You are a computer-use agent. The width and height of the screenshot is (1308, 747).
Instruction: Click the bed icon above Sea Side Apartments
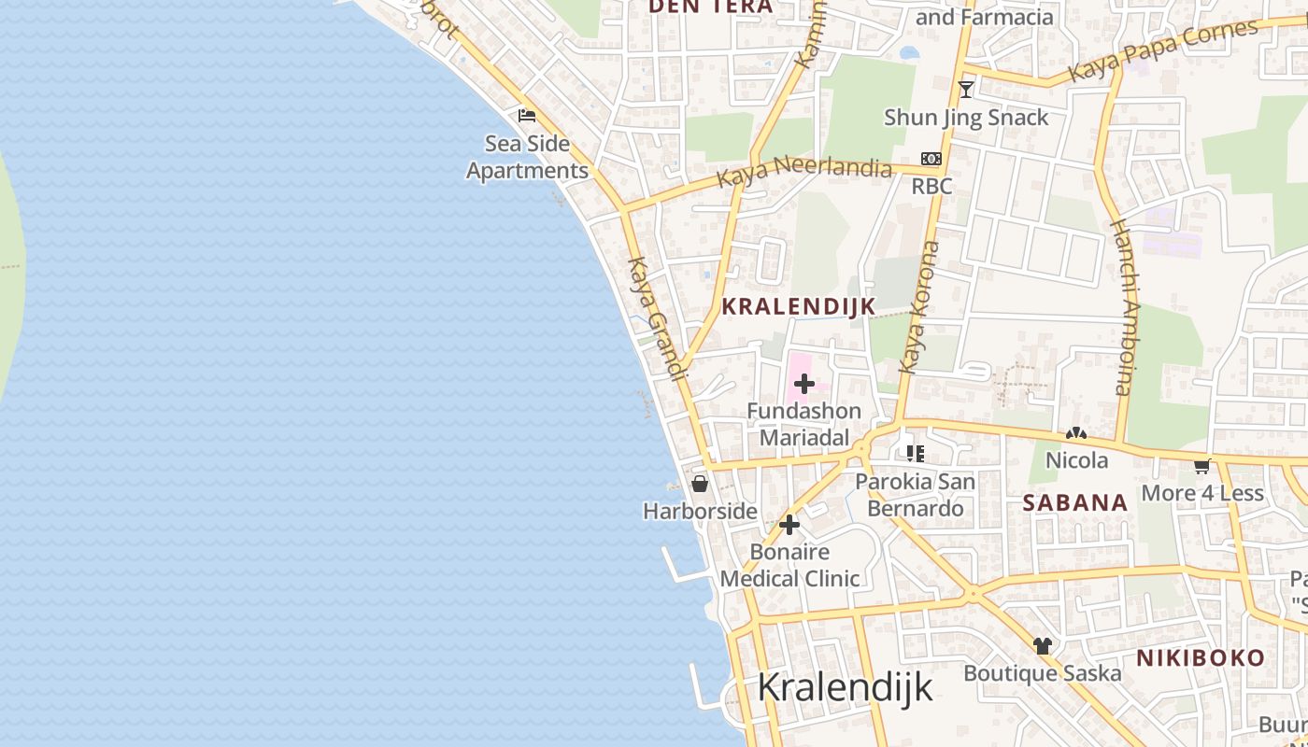pos(527,116)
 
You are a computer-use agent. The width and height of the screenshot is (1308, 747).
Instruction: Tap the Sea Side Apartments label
pos(528,158)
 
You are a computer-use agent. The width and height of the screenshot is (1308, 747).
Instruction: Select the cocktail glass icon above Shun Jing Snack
pos(966,90)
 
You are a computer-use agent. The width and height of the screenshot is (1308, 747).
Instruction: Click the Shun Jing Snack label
pos(966,118)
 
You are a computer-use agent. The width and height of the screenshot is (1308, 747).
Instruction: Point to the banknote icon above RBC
pos(931,159)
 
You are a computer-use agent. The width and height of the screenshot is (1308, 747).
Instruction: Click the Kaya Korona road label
pos(918,307)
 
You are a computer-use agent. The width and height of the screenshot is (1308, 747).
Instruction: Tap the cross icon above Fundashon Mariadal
pos(803,384)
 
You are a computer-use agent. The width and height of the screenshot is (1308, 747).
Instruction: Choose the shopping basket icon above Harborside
pos(699,484)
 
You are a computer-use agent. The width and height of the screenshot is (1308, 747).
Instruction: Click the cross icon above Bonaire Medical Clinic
pos(789,525)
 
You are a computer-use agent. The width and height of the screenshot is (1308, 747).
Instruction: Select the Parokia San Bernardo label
pos(916,495)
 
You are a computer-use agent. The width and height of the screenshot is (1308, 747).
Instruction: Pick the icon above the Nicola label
pos(1076,434)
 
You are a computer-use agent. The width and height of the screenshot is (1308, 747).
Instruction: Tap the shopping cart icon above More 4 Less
pos(1201,466)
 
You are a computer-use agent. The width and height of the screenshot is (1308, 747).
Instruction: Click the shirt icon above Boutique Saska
pos(1043,645)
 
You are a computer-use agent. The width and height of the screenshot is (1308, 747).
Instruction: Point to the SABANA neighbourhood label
pos(1075,503)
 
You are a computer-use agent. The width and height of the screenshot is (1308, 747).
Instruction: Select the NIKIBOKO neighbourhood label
pos(1201,657)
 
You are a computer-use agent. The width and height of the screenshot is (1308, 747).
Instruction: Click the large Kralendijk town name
pos(845,687)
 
